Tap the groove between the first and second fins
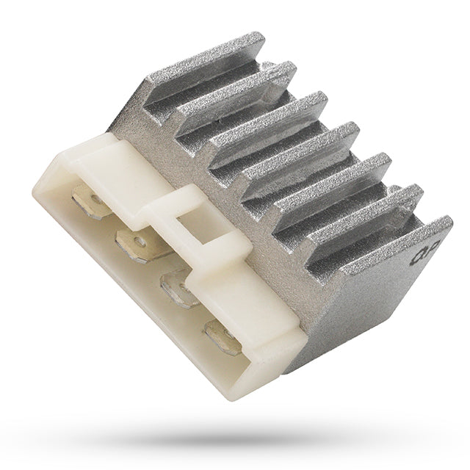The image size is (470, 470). pos(220,85)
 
